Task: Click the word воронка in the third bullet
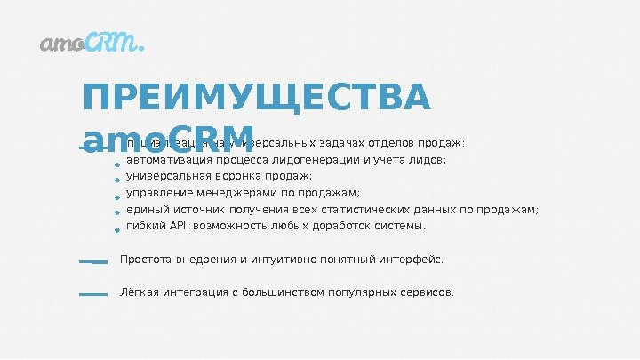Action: (236, 177)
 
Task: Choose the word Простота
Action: (146, 260)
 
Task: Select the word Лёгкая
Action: (138, 292)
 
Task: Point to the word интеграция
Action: (194, 292)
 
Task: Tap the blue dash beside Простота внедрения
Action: (92, 262)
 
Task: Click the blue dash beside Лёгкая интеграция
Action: (92, 293)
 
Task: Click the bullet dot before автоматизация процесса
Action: (116, 164)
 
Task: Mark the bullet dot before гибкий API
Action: (116, 229)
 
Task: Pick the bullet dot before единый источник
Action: (116, 213)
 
